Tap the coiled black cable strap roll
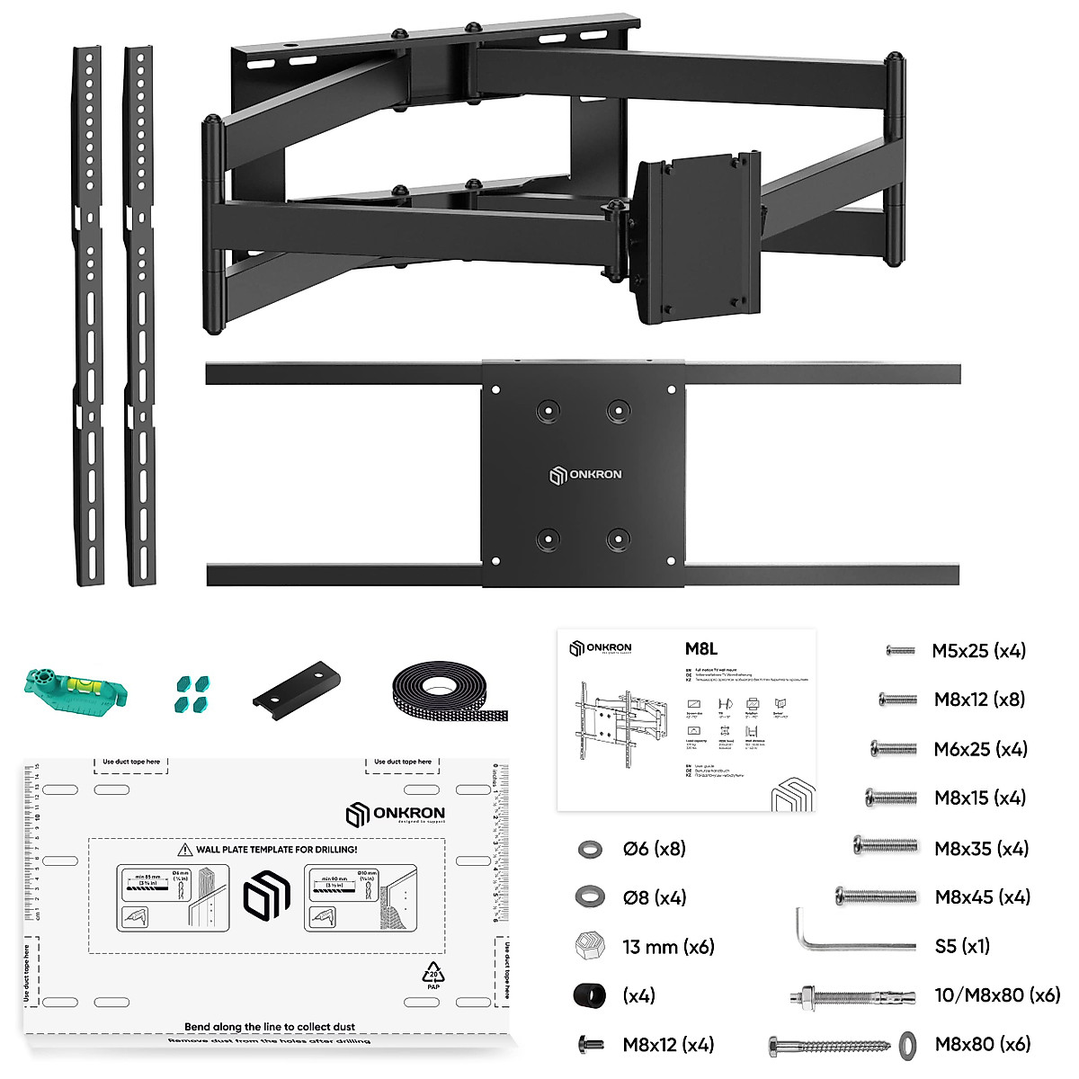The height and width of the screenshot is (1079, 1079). click(x=450, y=697)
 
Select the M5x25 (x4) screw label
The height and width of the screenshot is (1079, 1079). click(x=978, y=651)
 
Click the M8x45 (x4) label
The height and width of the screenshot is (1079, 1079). click(x=982, y=896)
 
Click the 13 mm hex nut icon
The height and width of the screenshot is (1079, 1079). click(x=589, y=946)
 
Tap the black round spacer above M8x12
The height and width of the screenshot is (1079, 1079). click(x=589, y=995)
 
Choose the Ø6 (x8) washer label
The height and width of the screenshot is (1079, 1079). click(x=654, y=849)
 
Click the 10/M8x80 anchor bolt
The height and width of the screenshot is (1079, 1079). click(x=855, y=996)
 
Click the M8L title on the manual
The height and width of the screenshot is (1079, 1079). click(x=701, y=649)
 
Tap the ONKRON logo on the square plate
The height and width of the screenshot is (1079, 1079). click(x=585, y=475)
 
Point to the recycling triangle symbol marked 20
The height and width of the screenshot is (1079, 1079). click(x=433, y=974)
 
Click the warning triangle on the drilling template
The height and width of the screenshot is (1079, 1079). click(x=185, y=849)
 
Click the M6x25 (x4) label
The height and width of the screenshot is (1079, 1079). click(x=980, y=749)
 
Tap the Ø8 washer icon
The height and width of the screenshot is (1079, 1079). click(x=589, y=896)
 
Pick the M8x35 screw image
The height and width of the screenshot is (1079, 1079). click(x=885, y=845)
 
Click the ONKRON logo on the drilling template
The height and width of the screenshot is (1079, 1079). click(x=395, y=814)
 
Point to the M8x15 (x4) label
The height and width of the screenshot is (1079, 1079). click(x=980, y=798)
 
